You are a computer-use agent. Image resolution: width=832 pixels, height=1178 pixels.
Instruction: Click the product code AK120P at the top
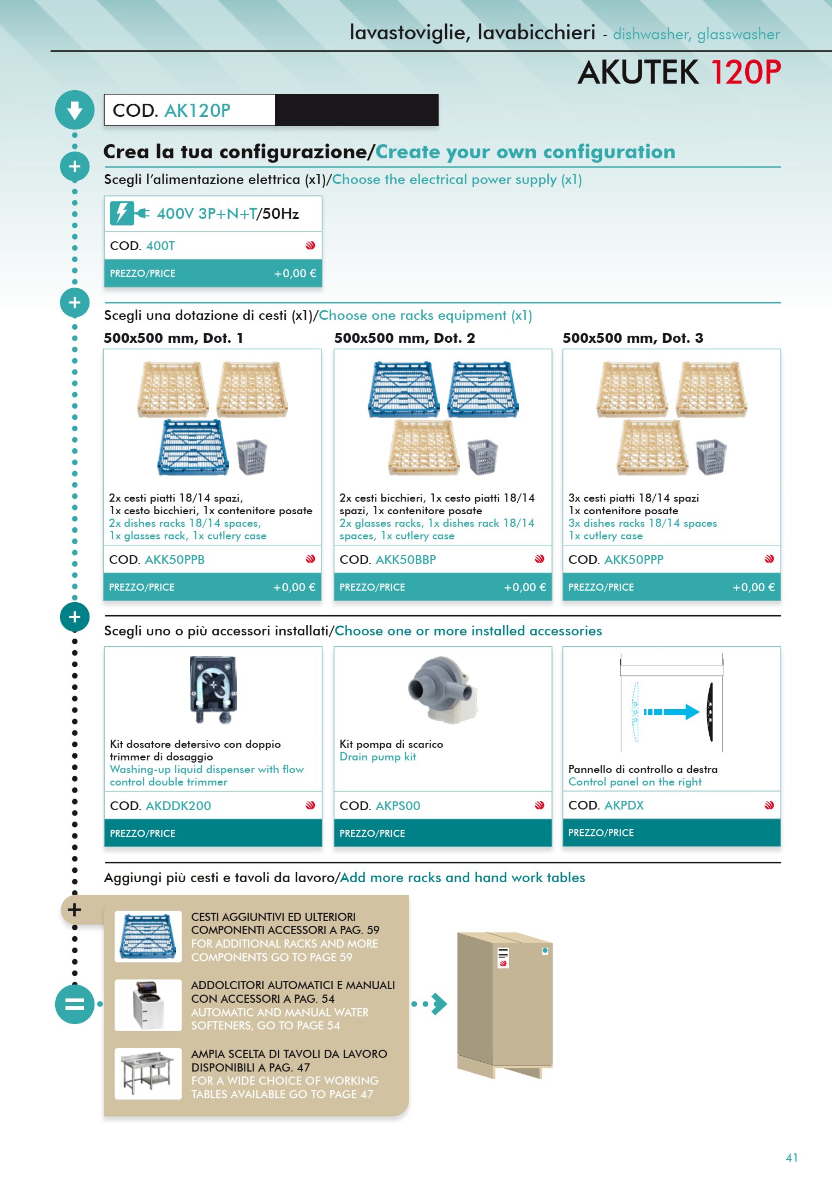tap(197, 110)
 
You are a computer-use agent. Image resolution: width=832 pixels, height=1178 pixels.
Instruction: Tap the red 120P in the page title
tap(746, 72)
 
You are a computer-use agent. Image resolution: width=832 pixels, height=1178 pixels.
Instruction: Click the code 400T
tap(160, 246)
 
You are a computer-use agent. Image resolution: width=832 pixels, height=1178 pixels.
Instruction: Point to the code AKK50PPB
tap(175, 560)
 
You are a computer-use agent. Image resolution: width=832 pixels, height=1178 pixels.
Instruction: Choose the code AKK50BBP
tap(406, 560)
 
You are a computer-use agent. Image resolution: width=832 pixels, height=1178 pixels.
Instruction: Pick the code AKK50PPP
tap(634, 560)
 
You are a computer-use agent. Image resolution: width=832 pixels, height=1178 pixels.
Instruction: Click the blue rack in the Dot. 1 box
tap(193, 447)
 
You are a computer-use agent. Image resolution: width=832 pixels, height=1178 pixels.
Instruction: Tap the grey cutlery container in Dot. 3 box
tap(711, 456)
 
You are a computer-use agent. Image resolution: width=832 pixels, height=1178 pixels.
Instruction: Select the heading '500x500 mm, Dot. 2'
tap(404, 338)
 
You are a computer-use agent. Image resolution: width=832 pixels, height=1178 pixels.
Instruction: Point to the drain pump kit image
tap(443, 689)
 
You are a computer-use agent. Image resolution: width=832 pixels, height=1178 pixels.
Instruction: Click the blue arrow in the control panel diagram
tap(671, 712)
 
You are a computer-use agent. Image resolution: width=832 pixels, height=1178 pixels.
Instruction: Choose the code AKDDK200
tap(178, 806)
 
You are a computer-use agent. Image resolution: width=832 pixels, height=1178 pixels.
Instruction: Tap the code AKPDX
tap(624, 805)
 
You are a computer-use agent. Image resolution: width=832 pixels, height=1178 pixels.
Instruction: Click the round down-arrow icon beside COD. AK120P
tap(75, 110)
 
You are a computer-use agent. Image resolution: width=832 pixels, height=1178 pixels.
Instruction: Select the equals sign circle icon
tap(75, 1004)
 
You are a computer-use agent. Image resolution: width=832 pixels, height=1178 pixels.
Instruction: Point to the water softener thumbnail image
tap(148, 1005)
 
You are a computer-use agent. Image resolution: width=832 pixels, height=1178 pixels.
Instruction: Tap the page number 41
tap(792, 1157)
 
